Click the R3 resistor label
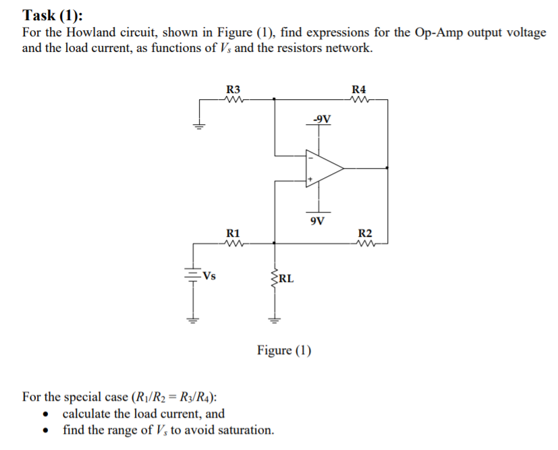(x=233, y=89)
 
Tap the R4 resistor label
(x=359, y=89)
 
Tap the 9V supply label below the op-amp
(x=317, y=220)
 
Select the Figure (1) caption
(x=284, y=350)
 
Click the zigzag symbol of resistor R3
(x=233, y=99)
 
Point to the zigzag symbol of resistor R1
(x=233, y=244)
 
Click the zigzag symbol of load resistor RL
(x=274, y=276)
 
